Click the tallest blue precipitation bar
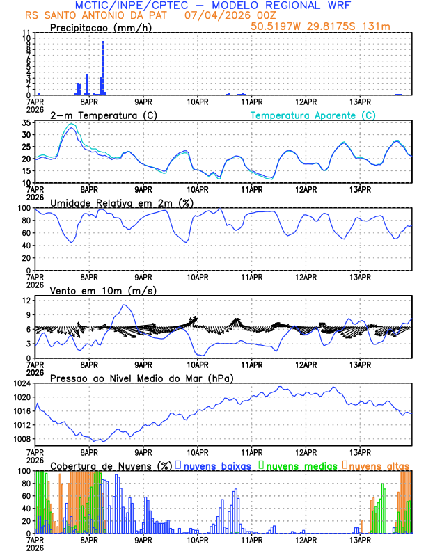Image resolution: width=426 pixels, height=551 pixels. pyautogui.click(x=103, y=68)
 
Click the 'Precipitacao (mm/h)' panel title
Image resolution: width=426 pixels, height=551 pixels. pyautogui.click(x=100, y=28)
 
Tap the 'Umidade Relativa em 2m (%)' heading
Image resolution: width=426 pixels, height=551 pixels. pyautogui.click(x=121, y=202)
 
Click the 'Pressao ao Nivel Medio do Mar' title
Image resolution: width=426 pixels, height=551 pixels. pyautogui.click(x=141, y=378)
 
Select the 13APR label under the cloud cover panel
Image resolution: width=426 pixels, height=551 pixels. pyautogui.click(x=360, y=539)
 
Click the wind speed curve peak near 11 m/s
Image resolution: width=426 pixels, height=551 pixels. pyautogui.click(x=125, y=305)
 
